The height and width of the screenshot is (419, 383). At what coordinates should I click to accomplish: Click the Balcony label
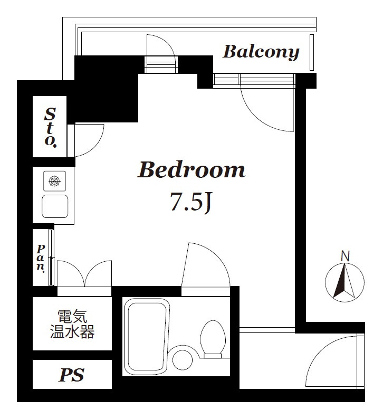[261, 52]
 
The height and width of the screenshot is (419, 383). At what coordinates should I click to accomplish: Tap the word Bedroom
[191, 170]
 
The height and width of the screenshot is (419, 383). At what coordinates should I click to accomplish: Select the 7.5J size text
[190, 202]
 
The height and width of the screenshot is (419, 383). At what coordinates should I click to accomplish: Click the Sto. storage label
[50, 127]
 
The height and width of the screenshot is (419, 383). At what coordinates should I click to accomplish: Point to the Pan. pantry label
[41, 257]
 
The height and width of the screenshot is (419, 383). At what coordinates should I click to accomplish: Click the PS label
[71, 375]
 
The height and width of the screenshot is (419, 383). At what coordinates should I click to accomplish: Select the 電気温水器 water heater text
[72, 324]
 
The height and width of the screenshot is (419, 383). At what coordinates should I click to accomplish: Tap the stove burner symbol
[54, 182]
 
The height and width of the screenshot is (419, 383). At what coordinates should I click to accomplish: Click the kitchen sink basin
[55, 205]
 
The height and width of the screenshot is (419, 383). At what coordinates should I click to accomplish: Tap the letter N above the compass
[345, 256]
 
